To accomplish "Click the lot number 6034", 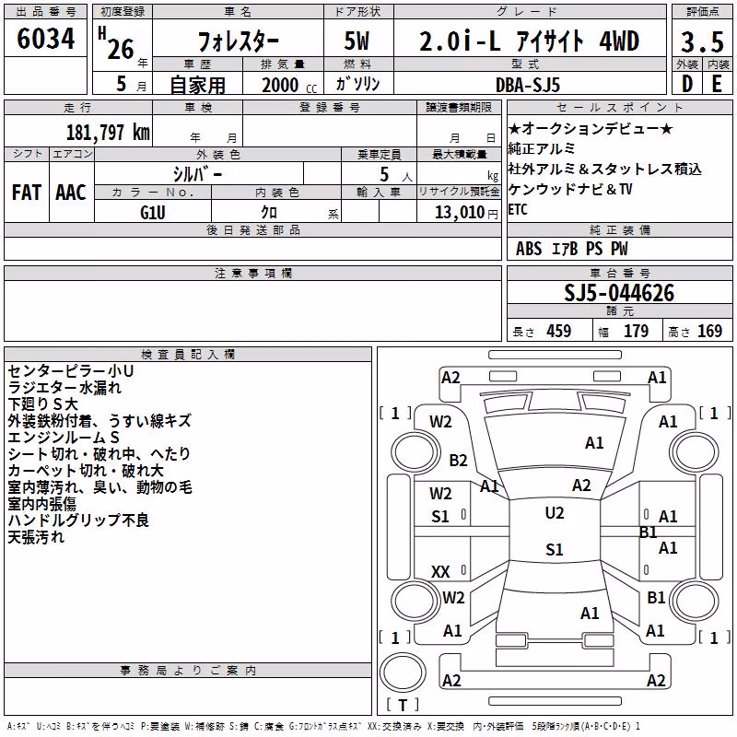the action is pos(45,39).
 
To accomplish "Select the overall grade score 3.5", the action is pos(702,41).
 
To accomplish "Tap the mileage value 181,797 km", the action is pos(108,133).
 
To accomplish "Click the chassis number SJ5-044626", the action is pos(619,293).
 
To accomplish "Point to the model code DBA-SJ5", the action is pos(527,85).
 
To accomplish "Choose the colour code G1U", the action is pos(153,213).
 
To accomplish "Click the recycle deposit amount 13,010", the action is pos(459,213).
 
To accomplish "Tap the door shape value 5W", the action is pos(357,41).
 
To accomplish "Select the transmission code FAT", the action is pos(27,193).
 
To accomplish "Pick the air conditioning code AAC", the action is pos(71,193).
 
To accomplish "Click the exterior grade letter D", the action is pos(687,84).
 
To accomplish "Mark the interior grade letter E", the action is pos(717,84).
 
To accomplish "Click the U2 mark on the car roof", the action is pos(555,513).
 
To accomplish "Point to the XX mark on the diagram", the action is pos(440,571).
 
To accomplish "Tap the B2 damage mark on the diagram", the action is pos(458,460).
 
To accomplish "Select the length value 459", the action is pos(559,331).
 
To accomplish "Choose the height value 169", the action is pos(709,331).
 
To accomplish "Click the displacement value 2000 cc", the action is pos(289,85).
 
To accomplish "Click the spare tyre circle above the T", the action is pos(403,673).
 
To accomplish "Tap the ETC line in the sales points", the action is pos(518,209).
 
